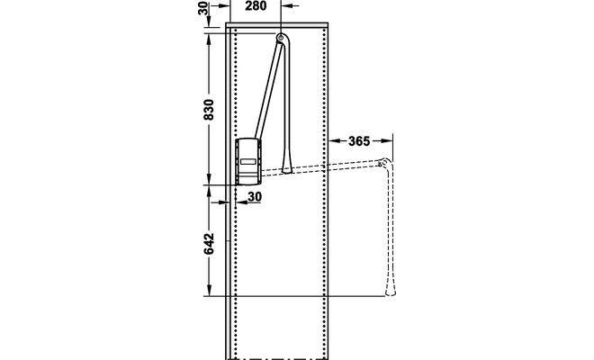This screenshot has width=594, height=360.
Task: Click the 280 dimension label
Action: (x=256, y=6)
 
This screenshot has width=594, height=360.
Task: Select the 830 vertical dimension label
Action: (x=209, y=110)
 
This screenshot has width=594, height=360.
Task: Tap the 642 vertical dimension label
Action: (x=209, y=244)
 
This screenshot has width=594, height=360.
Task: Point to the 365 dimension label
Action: (x=359, y=141)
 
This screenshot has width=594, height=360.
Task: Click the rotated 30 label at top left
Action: (x=203, y=8)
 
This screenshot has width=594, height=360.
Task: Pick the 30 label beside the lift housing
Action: (x=255, y=197)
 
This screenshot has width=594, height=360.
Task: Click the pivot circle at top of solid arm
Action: (x=280, y=38)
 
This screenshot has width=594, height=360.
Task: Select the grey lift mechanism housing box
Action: (x=248, y=162)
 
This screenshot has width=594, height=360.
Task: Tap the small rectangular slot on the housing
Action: (x=248, y=161)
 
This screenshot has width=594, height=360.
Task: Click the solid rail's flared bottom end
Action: (x=287, y=166)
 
